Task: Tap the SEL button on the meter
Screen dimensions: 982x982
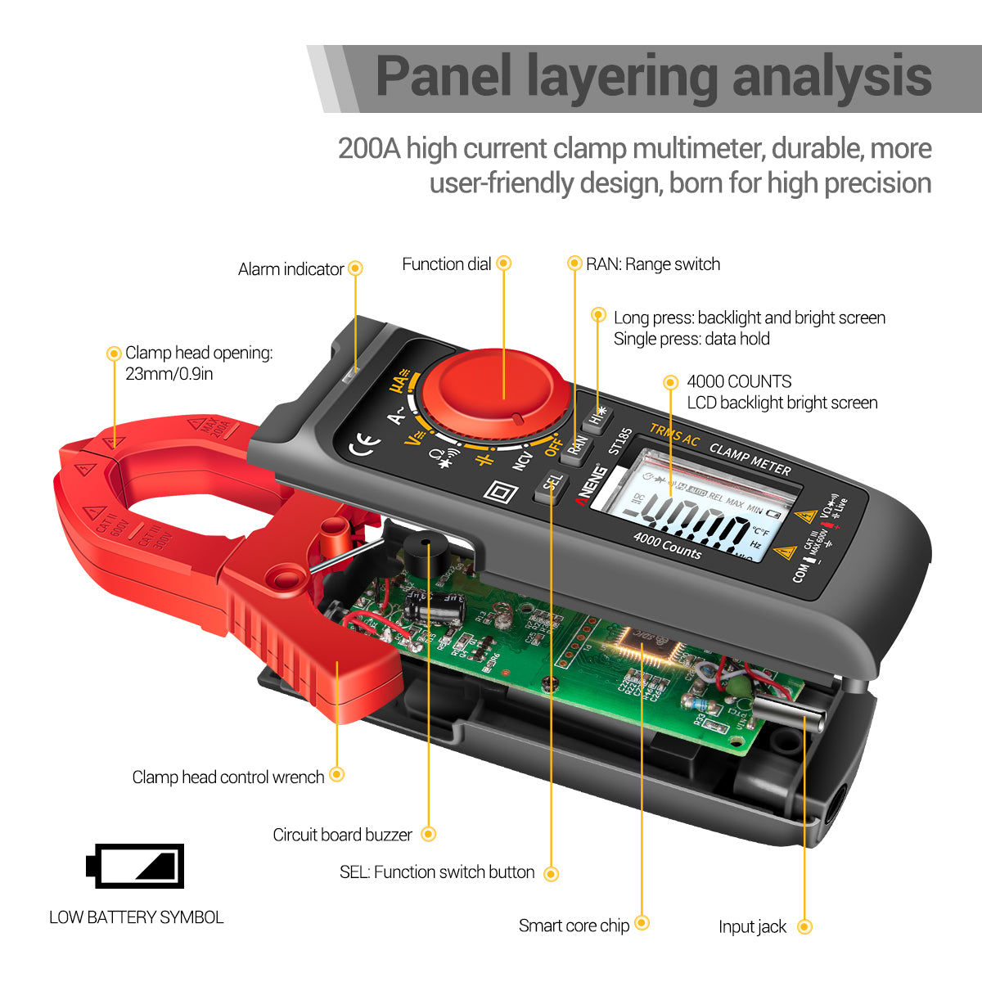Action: coord(552,486)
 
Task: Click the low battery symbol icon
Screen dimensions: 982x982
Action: coord(135,866)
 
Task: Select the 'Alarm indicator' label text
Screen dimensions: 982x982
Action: coord(291,269)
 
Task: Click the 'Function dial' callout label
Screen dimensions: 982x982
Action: coord(446,264)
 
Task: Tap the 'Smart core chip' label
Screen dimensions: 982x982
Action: coord(574,926)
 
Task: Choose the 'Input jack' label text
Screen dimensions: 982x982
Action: coord(752,926)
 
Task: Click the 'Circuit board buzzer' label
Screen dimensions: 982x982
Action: coord(342,835)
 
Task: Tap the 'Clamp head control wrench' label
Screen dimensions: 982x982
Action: coord(228,777)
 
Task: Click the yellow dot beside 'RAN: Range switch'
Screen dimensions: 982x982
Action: coord(574,264)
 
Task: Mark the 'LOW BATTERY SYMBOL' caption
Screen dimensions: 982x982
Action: coord(136,917)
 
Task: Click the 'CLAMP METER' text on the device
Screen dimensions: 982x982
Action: coord(750,459)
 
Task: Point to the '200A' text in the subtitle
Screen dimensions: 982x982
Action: coord(369,149)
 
